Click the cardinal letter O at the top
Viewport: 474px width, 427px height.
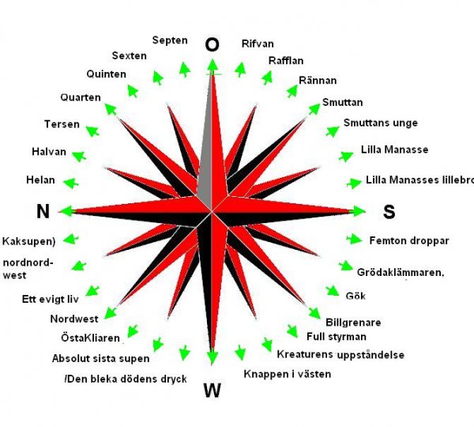(x=212, y=45)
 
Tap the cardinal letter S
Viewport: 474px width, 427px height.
(x=389, y=211)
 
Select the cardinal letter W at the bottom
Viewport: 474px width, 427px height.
(x=212, y=389)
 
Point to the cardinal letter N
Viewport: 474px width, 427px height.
(x=43, y=210)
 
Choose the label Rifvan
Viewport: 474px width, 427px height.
(x=258, y=44)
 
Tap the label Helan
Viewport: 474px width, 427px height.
(x=39, y=179)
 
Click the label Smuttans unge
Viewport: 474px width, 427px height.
(x=380, y=123)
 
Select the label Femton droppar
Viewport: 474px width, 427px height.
(x=409, y=239)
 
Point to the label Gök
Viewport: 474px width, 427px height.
(x=356, y=296)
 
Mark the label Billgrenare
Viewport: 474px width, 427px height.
(x=353, y=322)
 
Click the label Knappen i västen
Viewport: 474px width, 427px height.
(x=287, y=373)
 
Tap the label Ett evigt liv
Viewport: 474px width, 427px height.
(x=49, y=299)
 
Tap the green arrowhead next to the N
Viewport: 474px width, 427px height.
(x=65, y=210)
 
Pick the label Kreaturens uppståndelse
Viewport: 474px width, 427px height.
(x=340, y=354)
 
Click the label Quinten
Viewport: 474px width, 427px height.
(x=107, y=74)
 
